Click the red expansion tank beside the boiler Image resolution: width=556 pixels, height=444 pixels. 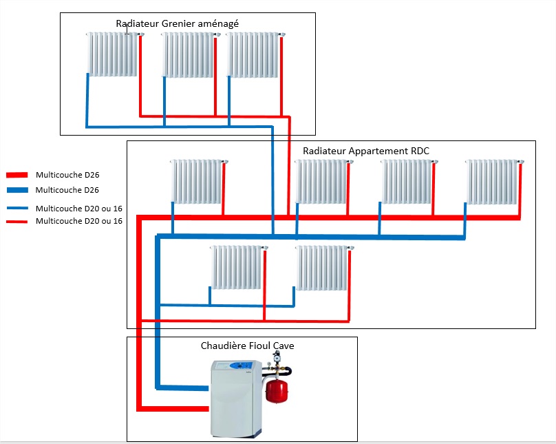pos(277,389)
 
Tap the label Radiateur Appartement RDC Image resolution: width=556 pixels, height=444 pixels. pos(366,151)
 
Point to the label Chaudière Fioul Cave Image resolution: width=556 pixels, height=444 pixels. pos(247,346)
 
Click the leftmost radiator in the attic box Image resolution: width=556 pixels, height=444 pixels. pos(113,54)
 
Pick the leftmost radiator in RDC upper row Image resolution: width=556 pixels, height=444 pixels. pos(197,182)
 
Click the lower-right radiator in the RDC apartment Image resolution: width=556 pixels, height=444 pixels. pos(322,267)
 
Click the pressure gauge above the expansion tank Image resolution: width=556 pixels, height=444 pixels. pos(279,357)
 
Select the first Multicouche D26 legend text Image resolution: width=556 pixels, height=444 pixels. pos(63,175)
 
